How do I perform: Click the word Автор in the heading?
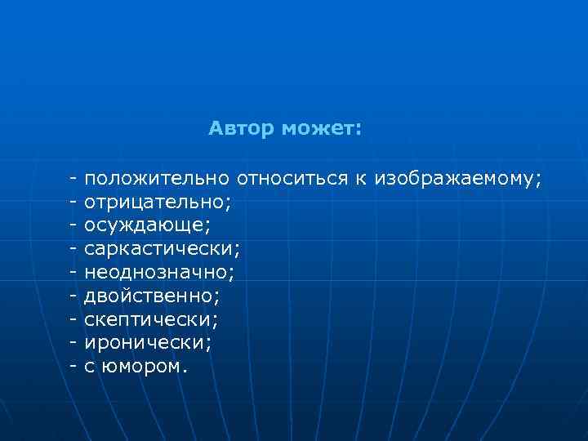point(241,129)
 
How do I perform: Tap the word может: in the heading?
point(321,129)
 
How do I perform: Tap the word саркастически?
point(162,246)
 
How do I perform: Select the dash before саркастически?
point(73,246)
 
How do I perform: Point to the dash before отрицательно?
point(73,199)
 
